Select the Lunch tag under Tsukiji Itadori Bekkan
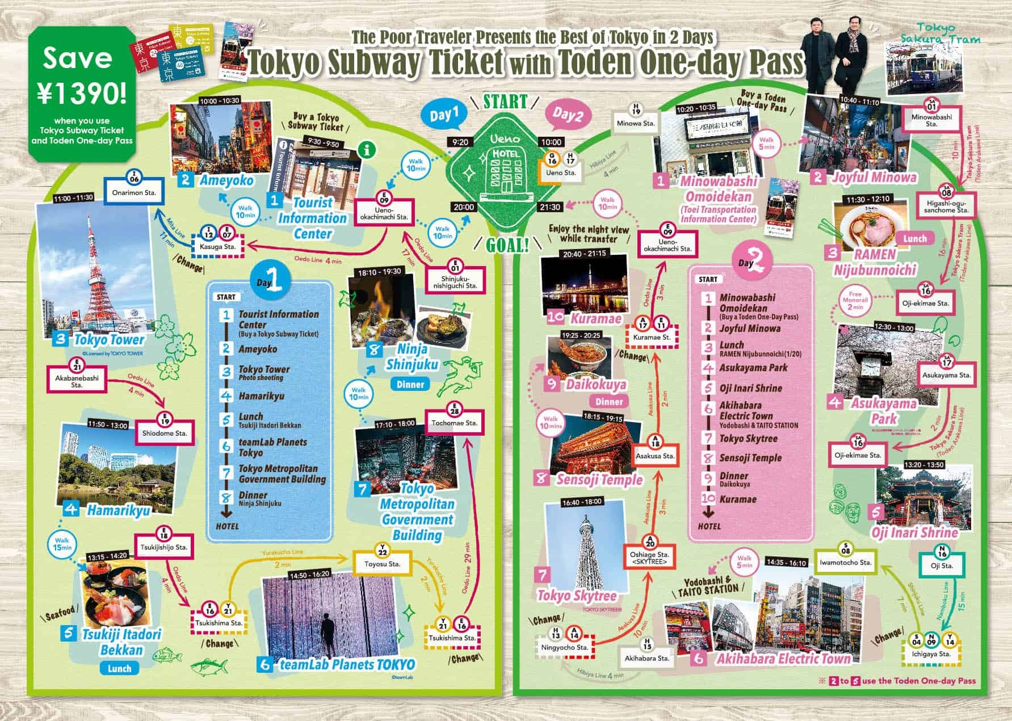[120, 668]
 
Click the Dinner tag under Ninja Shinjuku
[410, 384]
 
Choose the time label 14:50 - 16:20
[309, 574]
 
